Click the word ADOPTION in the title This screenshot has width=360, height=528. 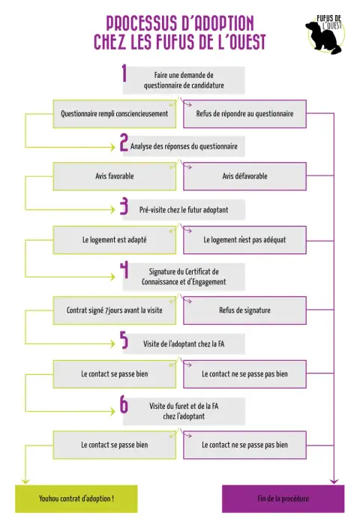pos(217,23)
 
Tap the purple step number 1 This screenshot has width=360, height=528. pos(124,73)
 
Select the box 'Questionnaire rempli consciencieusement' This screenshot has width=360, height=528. pos(115,114)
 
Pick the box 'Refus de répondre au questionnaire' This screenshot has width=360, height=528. pos(244,114)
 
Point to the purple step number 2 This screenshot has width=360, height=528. pos(124,142)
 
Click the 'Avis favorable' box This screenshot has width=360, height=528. pos(115,176)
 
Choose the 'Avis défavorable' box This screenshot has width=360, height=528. pos(244,176)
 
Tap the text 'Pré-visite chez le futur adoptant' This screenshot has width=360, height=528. pos(184,210)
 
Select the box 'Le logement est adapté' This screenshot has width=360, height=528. pos(115,240)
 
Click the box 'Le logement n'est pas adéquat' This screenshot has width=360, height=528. pos(244,240)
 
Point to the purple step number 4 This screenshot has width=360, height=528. pos(124,270)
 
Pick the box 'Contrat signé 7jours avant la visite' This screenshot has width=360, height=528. pos(115,310)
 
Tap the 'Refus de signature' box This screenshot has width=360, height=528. pos(244,310)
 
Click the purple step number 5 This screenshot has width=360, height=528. pos(124,340)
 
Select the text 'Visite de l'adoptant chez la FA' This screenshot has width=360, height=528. pos(184,343)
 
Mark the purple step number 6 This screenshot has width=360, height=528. pos(124,404)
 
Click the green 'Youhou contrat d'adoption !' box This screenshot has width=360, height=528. pos(76,499)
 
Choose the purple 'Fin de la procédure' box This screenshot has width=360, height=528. pos(283,499)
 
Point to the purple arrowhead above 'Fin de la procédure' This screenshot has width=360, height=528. pos(334,481)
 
